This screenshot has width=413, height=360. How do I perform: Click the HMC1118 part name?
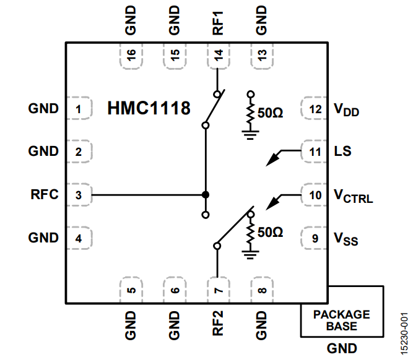pyautogui.click(x=149, y=108)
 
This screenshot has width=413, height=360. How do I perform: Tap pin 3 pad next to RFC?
pyautogui.click(x=79, y=195)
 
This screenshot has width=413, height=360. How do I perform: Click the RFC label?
pyautogui.click(x=44, y=195)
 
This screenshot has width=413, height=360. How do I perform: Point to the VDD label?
pyautogui.click(x=347, y=111)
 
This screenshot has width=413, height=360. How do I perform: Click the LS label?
pyautogui.click(x=342, y=151)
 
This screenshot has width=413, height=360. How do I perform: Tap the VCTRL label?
pyautogui.click(x=353, y=197)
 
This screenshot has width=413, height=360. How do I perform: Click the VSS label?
pyautogui.click(x=346, y=239)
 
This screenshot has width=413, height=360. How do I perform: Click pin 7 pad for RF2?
pyautogui.click(x=218, y=289)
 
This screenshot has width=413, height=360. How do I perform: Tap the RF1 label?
pyautogui.click(x=218, y=21)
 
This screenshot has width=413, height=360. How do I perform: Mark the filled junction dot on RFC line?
pyautogui.click(x=206, y=195)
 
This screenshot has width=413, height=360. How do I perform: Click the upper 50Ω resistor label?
pyautogui.click(x=270, y=114)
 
